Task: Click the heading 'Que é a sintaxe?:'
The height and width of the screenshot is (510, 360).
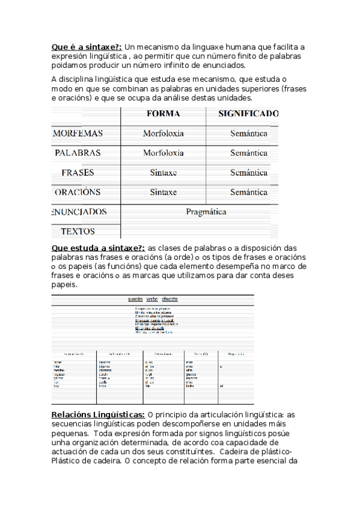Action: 87,46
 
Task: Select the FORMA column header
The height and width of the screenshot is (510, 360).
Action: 163,114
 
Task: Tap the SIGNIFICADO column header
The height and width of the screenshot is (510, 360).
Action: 248,114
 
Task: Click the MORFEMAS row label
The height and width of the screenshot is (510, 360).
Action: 78,134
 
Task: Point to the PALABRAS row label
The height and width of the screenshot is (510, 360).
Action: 78,153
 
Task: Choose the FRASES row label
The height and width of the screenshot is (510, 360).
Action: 78,173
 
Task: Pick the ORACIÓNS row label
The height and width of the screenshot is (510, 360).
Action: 78,192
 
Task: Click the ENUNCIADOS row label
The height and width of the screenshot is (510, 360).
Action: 79,212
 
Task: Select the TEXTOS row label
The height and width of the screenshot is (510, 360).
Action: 78,231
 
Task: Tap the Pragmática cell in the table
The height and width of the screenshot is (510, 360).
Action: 206,212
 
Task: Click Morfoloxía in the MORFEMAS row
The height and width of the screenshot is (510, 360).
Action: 163,134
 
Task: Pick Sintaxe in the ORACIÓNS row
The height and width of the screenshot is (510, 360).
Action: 163,192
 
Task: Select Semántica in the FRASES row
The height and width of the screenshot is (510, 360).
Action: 248,173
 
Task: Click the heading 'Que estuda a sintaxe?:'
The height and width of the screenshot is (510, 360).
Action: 99,248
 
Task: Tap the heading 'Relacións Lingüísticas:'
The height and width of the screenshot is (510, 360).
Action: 98,414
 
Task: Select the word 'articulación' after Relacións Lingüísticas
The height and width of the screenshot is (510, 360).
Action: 218,414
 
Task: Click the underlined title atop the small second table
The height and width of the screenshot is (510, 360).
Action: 153,299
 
